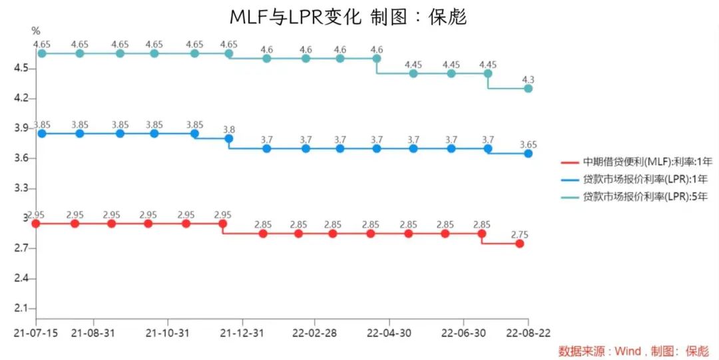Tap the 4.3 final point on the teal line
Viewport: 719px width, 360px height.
[528, 88]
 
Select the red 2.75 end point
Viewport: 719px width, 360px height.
[519, 244]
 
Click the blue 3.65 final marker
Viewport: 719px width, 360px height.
[528, 153]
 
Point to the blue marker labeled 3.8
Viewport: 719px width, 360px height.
[228, 138]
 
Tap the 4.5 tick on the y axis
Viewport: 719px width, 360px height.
[23, 68]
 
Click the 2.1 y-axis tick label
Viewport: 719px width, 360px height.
[23, 309]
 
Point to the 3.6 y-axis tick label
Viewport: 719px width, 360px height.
[23, 158]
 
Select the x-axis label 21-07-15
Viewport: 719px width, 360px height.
[35, 331]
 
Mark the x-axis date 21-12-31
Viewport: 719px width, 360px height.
[242, 331]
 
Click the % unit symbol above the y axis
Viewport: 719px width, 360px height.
[36, 31]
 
